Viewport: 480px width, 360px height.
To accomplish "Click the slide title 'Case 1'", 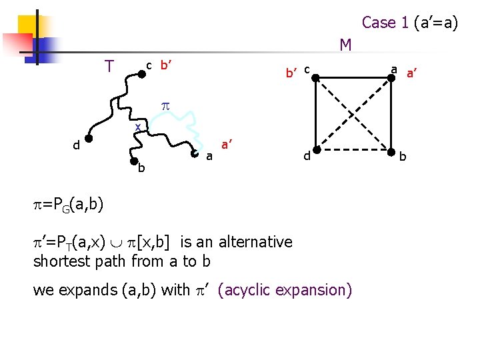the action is point(385,23).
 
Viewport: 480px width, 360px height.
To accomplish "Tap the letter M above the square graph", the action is point(345,45).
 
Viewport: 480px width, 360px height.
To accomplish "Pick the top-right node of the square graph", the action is point(394,78).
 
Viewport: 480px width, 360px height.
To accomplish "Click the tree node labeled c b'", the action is point(141,75).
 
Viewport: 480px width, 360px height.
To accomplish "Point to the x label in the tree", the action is point(137,127).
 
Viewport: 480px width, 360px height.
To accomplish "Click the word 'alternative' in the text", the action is point(255,241).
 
